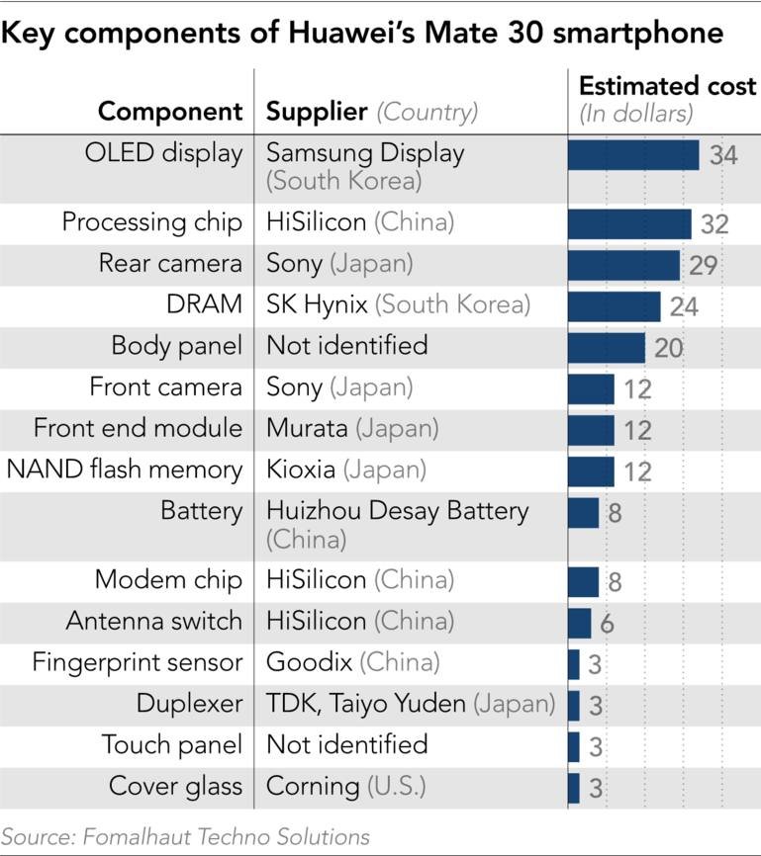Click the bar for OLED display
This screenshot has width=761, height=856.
pyautogui.click(x=633, y=155)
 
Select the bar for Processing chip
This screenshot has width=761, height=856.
pyautogui.click(x=629, y=223)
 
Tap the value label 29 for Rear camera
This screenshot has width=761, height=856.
pyautogui.click(x=704, y=265)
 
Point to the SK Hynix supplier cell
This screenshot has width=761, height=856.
pyautogui.click(x=398, y=304)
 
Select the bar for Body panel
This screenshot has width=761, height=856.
pyautogui.click(x=606, y=347)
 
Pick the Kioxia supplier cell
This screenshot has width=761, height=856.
pyautogui.click(x=346, y=470)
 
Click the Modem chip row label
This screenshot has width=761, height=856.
pyautogui.click(x=168, y=579)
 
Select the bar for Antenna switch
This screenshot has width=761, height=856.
pyautogui.click(x=579, y=622)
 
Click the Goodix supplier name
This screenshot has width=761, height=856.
pyautogui.click(x=352, y=661)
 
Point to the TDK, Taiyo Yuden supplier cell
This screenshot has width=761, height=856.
pyautogui.click(x=411, y=703)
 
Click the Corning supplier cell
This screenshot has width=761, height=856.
pyautogui.click(x=345, y=786)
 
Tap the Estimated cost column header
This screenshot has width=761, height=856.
pyautogui.click(x=667, y=86)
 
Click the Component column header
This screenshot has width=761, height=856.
pyautogui.click(x=170, y=111)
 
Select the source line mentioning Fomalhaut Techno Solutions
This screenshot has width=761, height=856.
pyautogui.click(x=185, y=836)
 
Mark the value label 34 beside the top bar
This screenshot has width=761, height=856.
pyautogui.click(x=723, y=155)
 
